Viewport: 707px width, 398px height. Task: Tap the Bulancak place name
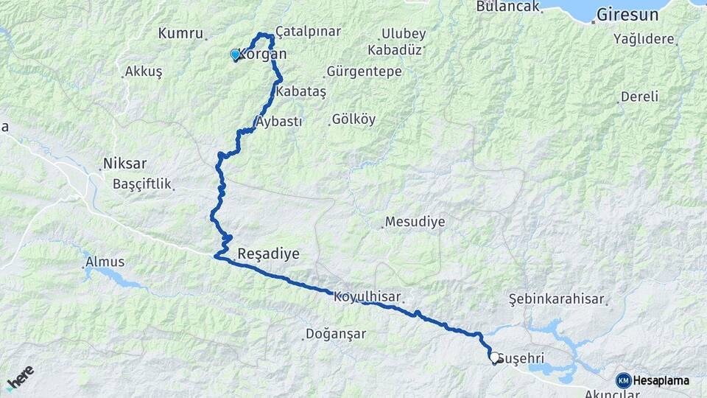507,6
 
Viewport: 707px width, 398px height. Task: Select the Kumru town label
180,33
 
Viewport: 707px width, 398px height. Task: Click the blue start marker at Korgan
235,55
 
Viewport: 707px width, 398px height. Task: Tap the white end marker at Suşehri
493,357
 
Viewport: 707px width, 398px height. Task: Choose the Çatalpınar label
308,32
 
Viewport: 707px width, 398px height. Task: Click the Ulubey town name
404,34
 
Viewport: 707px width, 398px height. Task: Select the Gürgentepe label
364,71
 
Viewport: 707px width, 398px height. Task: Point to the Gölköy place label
353,119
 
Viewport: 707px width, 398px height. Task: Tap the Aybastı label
278,122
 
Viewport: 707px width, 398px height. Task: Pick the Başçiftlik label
142,183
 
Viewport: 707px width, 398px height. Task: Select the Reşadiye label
268,254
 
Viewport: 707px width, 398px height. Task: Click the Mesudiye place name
415,221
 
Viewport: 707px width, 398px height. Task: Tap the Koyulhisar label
367,297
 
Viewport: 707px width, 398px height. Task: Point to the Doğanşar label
336,334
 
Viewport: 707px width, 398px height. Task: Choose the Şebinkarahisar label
556,299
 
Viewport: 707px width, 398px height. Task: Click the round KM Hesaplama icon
623,380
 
